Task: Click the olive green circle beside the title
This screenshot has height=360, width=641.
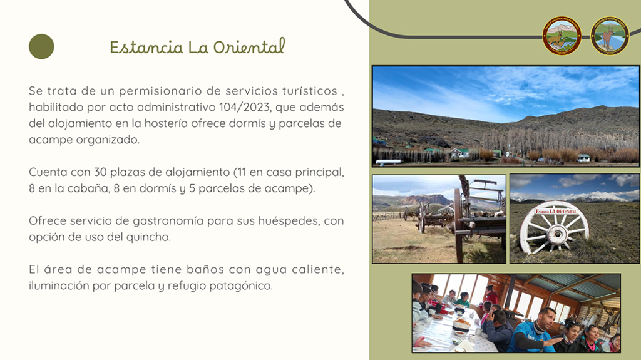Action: (x=41, y=46)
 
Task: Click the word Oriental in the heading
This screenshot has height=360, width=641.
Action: (x=249, y=46)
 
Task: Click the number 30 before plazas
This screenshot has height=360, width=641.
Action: (x=100, y=172)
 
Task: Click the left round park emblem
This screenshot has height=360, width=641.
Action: (x=562, y=36)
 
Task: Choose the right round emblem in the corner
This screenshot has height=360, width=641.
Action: (x=610, y=36)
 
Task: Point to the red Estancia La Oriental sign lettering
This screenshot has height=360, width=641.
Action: (x=556, y=211)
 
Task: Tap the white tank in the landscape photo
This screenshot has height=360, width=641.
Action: (x=388, y=162)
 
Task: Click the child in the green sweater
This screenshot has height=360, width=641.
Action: (x=463, y=300)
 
